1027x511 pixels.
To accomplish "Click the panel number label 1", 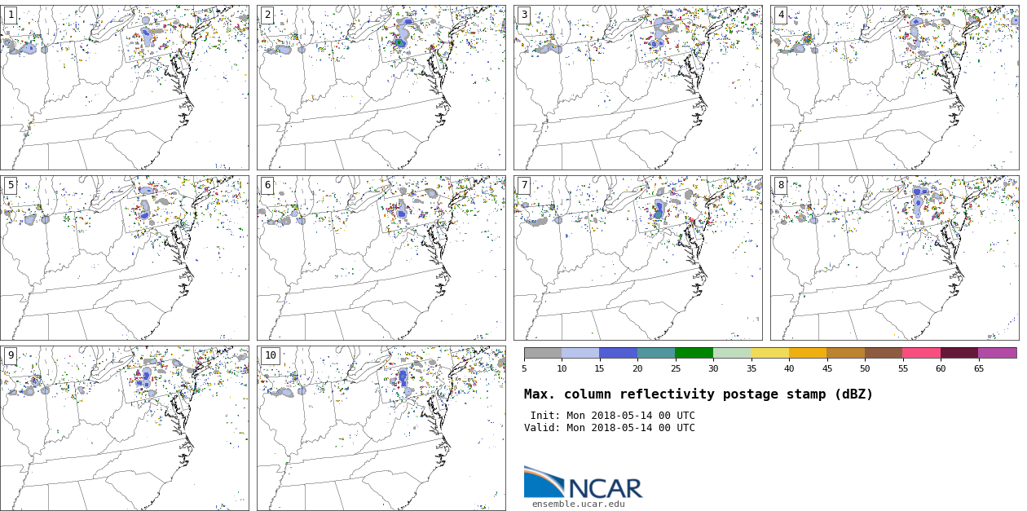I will (11, 15).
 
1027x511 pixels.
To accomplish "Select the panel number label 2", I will (267, 15).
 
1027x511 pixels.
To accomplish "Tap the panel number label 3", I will (524, 15).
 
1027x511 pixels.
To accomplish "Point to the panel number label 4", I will (781, 15).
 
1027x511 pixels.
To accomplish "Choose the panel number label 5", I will (11, 186).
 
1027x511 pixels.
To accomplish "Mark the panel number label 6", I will (267, 186).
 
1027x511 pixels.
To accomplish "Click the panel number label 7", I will (524, 186).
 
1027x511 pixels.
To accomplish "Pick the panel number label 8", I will (781, 186).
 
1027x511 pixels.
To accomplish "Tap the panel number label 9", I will (11, 356).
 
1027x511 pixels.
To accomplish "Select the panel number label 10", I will (270, 356).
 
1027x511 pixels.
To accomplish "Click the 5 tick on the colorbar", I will (524, 369).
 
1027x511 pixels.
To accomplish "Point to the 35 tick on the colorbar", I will (752, 369).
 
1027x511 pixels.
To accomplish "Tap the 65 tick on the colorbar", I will (979, 369).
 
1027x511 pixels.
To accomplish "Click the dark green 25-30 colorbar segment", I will (694, 353).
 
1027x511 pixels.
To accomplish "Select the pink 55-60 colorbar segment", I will (922, 353).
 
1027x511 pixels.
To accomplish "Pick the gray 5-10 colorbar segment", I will (543, 353).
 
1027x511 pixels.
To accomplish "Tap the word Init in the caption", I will (545, 416).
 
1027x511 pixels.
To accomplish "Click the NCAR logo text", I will (605, 488).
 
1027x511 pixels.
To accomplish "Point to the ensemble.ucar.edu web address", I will (579, 504).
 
